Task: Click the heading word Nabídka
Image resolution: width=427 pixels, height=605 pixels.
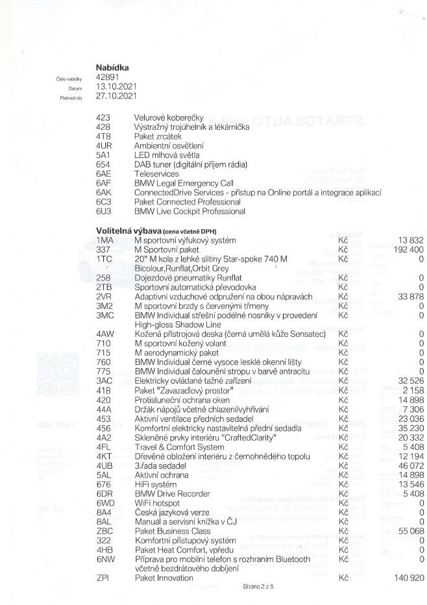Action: [112, 67]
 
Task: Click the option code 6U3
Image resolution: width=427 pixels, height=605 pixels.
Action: [103, 211]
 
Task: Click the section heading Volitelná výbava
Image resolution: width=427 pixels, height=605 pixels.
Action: [125, 230]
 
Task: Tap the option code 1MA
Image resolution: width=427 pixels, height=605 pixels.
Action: [104, 240]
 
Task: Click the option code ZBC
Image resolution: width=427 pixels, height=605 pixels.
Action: [103, 531]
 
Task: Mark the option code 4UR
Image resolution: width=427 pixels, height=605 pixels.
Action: [104, 146]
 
